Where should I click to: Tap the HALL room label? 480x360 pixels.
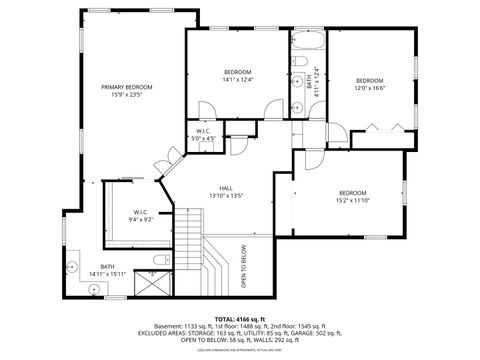(x=227, y=187)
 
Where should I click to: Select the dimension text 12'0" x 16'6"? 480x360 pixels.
(x=369, y=88)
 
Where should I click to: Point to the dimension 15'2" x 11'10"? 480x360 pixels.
(x=352, y=200)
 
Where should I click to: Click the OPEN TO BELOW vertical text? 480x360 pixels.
(x=243, y=265)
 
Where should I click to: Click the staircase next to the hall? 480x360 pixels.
(x=200, y=255)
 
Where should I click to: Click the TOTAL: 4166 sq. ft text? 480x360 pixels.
(x=240, y=316)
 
